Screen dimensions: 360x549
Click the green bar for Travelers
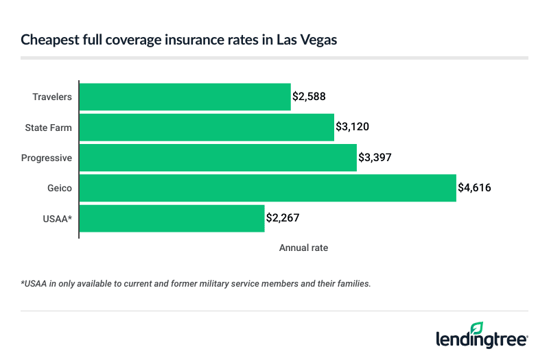185,97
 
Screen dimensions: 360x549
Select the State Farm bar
207,127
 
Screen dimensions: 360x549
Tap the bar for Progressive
218,158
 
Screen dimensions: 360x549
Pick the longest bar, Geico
268,188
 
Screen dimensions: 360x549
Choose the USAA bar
172,218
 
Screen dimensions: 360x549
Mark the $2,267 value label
283,218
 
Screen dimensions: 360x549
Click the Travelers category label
52,97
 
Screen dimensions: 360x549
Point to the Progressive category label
47,158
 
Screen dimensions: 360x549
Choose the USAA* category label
57,218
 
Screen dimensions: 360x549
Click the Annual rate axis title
303,248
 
